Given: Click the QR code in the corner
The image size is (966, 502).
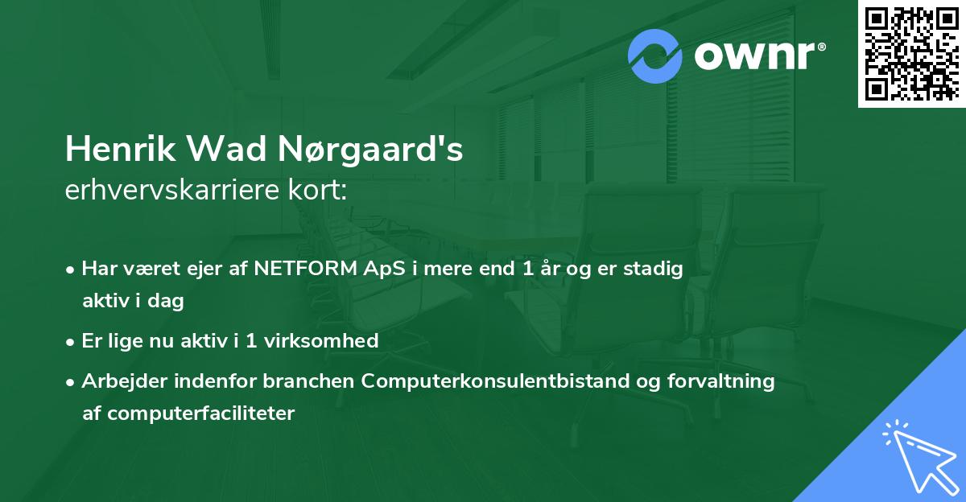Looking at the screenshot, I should [x=911, y=53].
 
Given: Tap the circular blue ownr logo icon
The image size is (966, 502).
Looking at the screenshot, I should [x=655, y=56].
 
